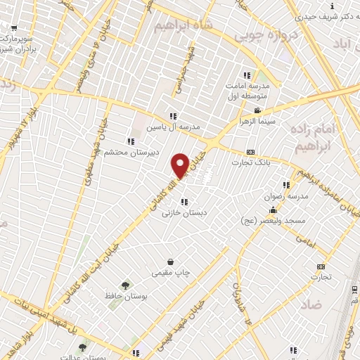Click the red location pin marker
coord(180,165)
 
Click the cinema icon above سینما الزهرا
coord(257,110)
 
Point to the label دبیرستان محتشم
coord(131,152)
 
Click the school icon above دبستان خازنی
coord(184,202)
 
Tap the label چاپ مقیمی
coord(169,272)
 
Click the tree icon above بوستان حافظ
coord(125,285)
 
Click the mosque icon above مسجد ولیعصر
coord(272,210)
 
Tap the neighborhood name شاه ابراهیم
coord(179,25)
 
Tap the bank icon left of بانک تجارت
coord(250,153)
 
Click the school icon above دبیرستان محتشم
coord(130,141)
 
